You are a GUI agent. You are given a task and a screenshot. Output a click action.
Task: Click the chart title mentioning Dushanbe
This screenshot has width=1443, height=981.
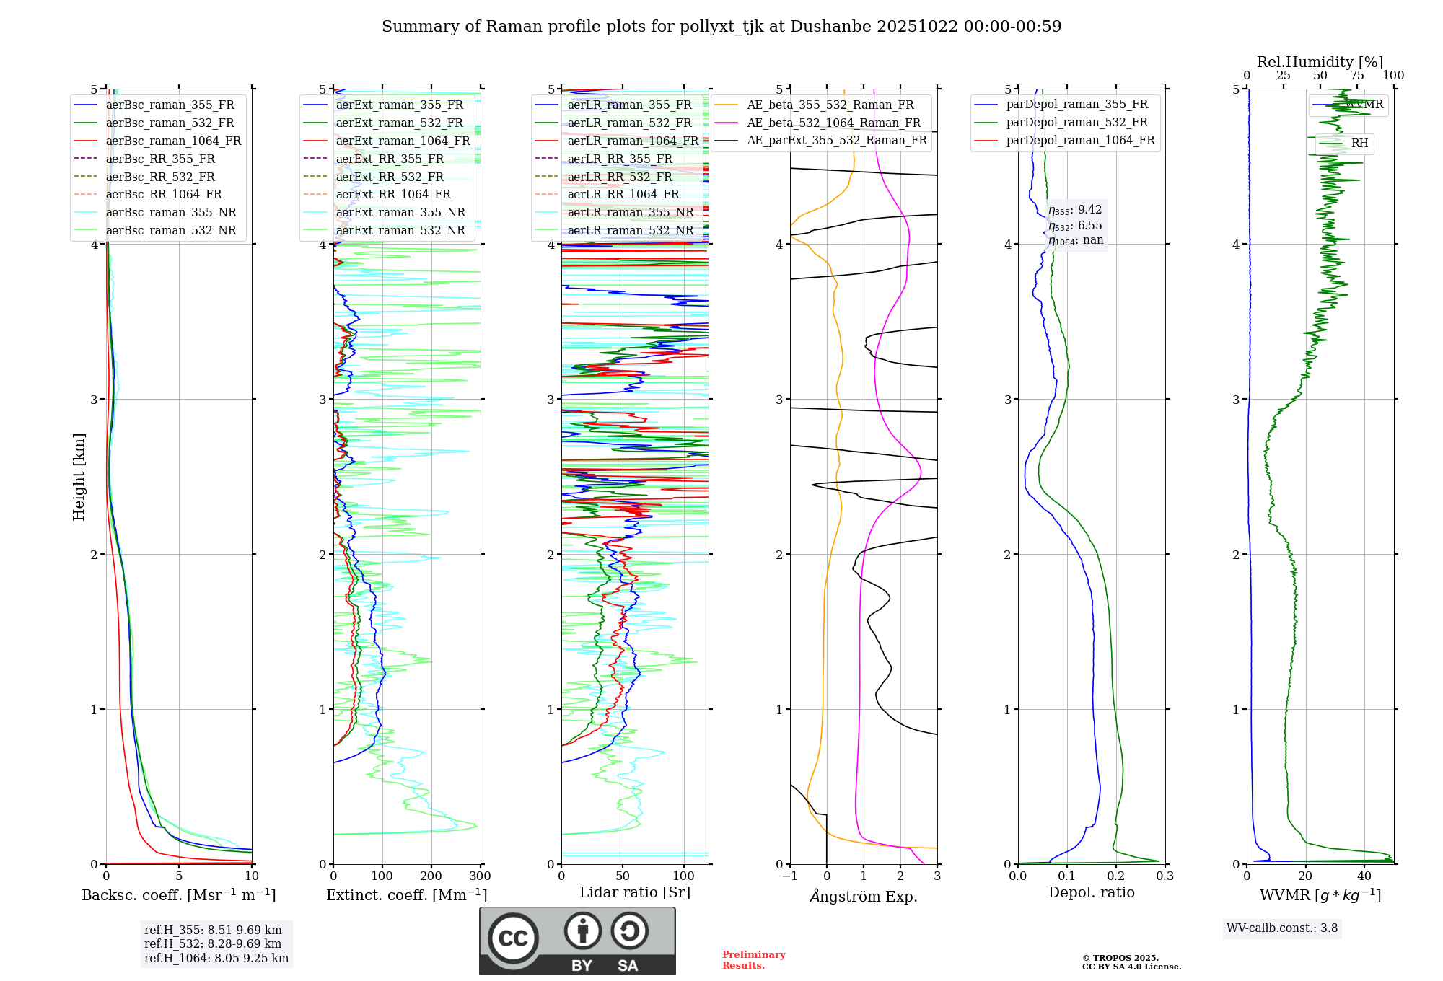[721, 27]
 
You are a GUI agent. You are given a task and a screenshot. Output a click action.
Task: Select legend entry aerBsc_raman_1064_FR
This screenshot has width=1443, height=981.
[173, 141]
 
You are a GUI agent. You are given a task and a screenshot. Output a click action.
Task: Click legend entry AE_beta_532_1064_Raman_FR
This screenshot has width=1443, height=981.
[833, 123]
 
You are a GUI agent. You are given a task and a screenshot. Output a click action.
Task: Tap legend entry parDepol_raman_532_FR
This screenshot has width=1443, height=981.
[1076, 123]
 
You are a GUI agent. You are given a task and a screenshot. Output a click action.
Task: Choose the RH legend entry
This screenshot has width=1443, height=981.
[1359, 144]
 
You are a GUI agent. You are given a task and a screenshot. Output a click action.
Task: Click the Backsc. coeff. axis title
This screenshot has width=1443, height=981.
[179, 895]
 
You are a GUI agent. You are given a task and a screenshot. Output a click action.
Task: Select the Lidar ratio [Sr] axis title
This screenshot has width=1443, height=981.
[635, 892]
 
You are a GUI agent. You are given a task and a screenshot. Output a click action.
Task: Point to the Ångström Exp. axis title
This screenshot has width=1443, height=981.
[864, 896]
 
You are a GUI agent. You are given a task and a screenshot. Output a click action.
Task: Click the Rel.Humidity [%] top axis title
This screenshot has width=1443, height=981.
[1320, 62]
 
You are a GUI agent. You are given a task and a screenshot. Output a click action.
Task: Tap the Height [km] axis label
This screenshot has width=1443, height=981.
[79, 477]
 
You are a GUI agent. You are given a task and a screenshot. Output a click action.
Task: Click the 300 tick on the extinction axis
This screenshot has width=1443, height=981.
[481, 876]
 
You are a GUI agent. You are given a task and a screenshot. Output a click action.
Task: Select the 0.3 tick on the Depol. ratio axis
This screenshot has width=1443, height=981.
[1165, 876]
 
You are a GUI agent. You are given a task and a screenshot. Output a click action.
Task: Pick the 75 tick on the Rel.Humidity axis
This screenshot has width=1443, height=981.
[1357, 75]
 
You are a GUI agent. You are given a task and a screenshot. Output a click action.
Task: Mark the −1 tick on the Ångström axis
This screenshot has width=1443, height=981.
[790, 876]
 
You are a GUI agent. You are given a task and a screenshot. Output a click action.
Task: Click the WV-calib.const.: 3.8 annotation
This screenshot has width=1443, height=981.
[1282, 928]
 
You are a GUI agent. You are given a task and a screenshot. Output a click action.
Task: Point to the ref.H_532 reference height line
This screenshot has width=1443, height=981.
[213, 943]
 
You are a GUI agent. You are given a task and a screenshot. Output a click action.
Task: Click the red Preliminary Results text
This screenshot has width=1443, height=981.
[753, 959]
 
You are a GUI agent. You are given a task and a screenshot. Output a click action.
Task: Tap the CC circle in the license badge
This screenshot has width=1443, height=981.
[513, 938]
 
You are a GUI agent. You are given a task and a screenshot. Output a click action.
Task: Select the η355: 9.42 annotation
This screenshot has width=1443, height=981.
[1075, 210]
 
